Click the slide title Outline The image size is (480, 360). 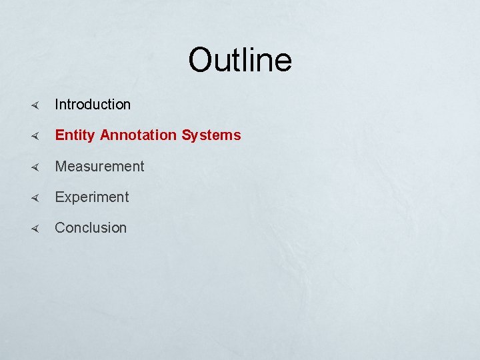tap(240, 60)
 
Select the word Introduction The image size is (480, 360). tap(93, 105)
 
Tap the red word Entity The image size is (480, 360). tap(75, 135)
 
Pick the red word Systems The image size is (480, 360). tap(211, 135)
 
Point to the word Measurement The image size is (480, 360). tap(99, 166)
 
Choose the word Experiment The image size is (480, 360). tap(92, 197)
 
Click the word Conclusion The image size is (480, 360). tap(91, 228)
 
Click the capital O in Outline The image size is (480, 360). tap(201, 60)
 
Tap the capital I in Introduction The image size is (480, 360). tap(57, 105)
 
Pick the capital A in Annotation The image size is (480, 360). tap(105, 135)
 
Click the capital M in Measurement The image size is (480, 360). tap(61, 166)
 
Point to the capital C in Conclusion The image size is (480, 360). tap(60, 228)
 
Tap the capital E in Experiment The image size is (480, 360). tap(59, 197)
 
